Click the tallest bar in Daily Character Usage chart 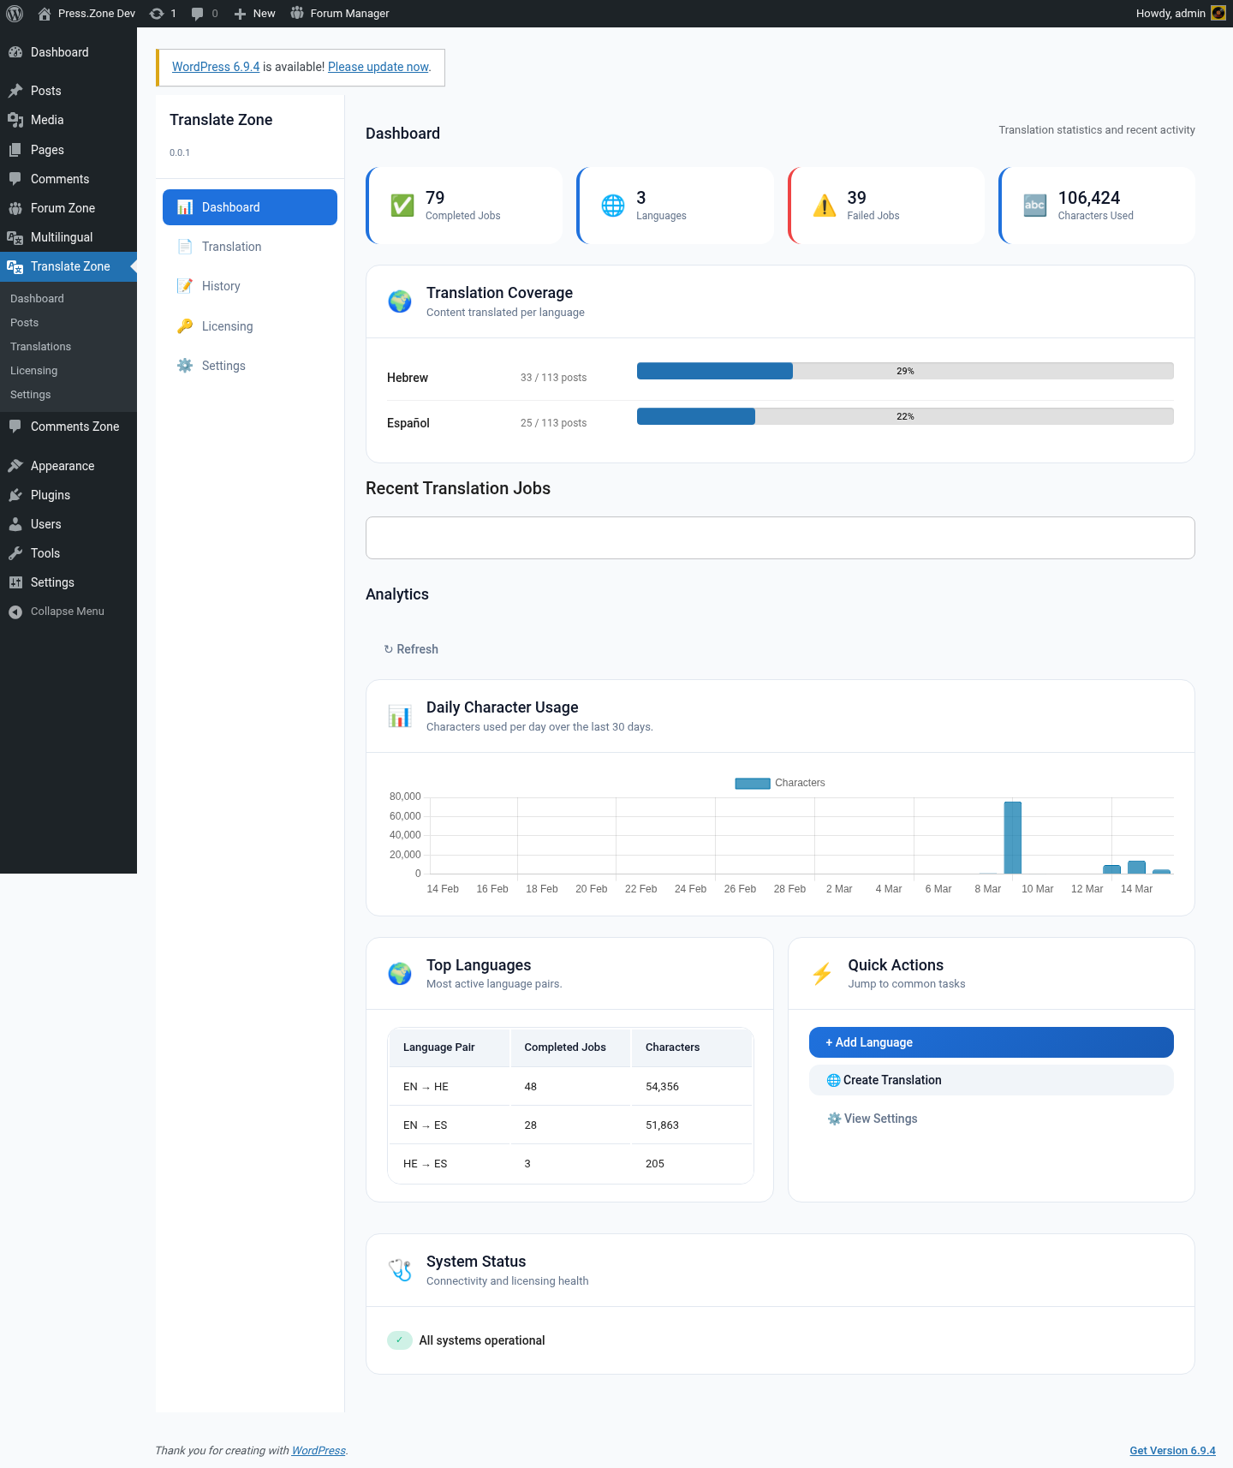tap(1013, 838)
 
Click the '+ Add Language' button tap(991, 1042)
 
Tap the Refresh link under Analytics tap(411, 649)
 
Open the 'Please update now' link tap(378, 67)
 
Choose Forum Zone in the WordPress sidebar tap(63, 208)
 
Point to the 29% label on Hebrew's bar tap(905, 371)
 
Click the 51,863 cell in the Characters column tap(662, 1125)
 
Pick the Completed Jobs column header tap(565, 1047)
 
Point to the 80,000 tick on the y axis tap(405, 797)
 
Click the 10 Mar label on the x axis tap(1037, 889)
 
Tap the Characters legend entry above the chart tap(780, 783)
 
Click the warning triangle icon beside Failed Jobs tap(824, 206)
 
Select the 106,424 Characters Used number tap(1089, 198)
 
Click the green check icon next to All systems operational tap(399, 1340)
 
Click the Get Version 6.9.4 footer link tap(1172, 1451)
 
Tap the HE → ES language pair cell tap(425, 1164)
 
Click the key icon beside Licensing tap(185, 326)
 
